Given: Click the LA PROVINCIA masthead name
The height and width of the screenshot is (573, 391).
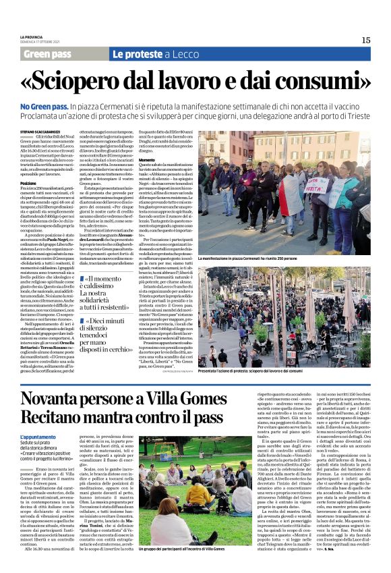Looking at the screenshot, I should tap(32, 36).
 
